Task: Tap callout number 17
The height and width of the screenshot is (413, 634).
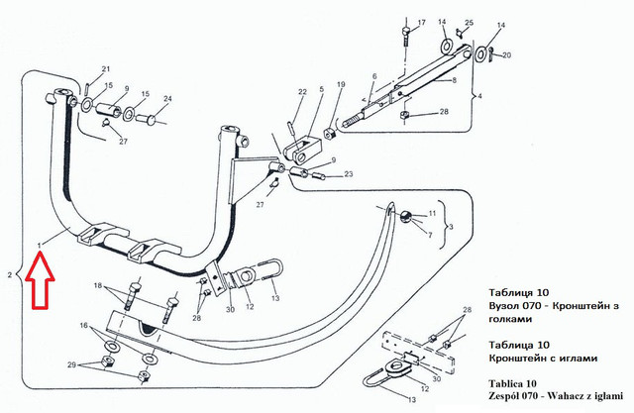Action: (421, 23)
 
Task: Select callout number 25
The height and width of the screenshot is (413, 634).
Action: (469, 23)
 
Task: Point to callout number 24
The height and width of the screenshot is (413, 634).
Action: (167, 99)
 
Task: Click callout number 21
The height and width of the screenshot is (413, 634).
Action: (105, 69)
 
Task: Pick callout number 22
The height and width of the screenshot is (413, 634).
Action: (302, 92)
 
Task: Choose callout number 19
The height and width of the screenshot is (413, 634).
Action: (341, 84)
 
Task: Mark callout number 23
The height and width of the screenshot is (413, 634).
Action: (348, 174)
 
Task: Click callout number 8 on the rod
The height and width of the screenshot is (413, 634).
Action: (454, 80)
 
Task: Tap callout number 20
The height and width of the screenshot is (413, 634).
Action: (506, 54)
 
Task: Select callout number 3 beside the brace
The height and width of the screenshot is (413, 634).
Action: (451, 227)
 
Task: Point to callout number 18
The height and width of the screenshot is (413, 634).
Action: (98, 285)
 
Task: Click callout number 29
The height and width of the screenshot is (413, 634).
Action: (71, 364)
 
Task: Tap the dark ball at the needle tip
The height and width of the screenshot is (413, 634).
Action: (405, 217)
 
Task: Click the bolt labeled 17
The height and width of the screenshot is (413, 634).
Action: (406, 37)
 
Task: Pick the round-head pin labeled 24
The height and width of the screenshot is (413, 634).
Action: (147, 119)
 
